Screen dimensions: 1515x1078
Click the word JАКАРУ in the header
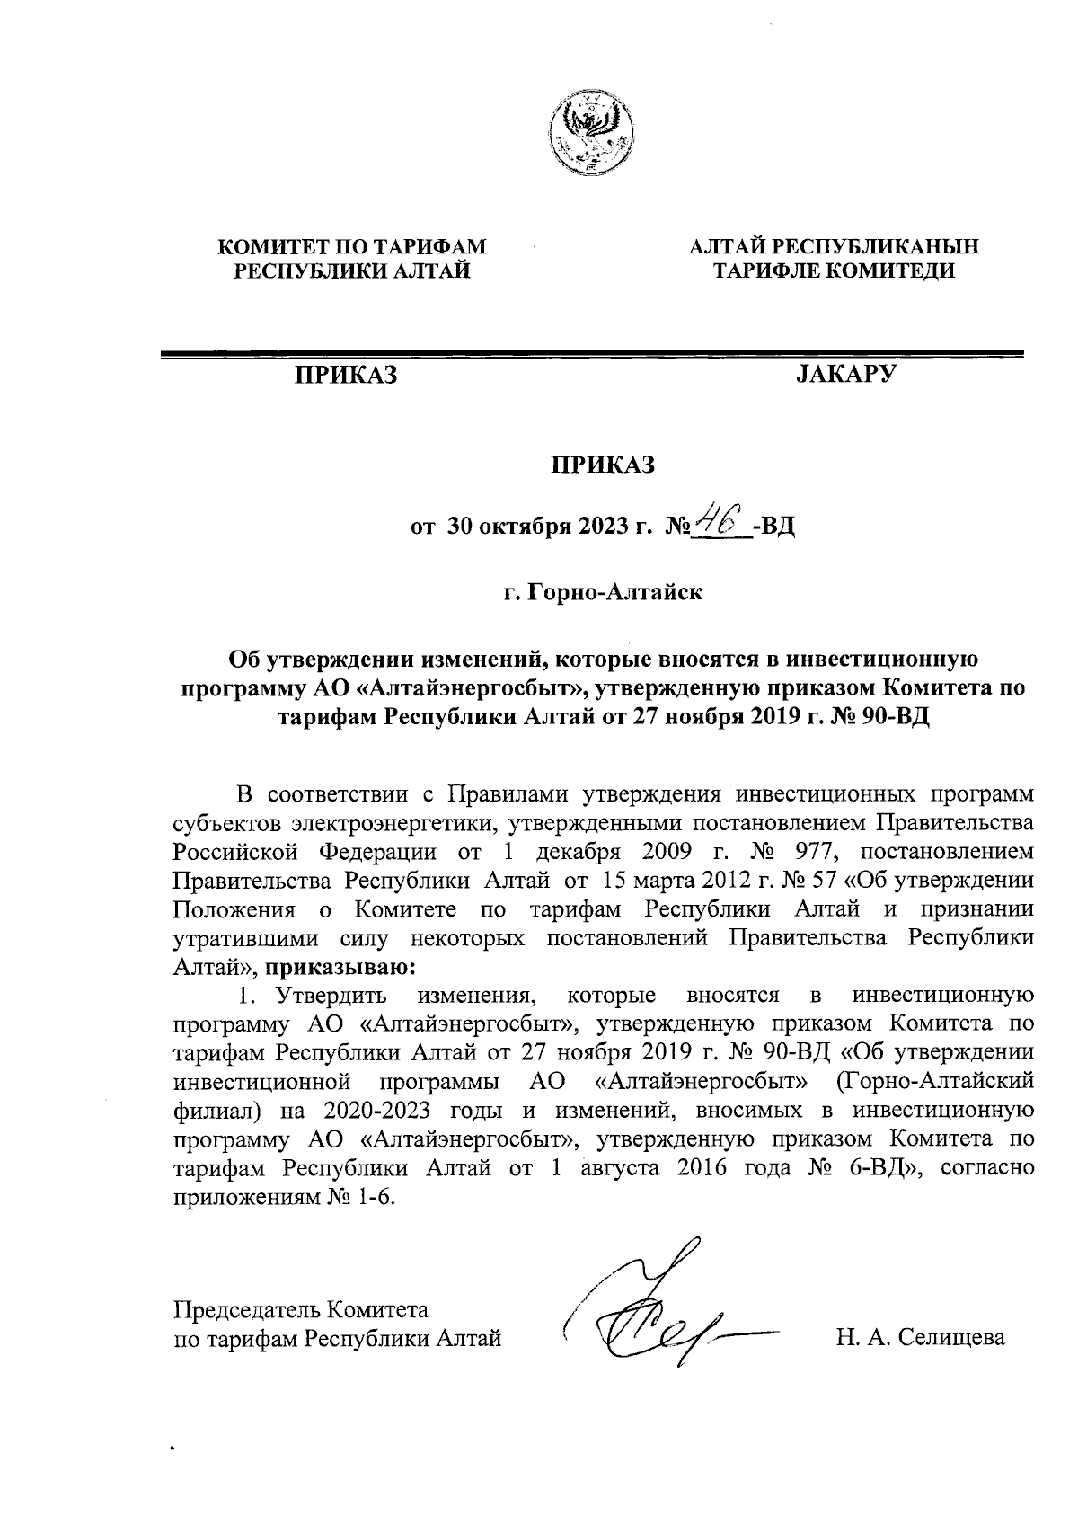click(x=845, y=374)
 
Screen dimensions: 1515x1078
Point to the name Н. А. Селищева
click(x=920, y=1338)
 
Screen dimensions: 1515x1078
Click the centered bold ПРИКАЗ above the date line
click(x=603, y=465)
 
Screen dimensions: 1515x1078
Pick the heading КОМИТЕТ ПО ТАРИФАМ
click(x=353, y=245)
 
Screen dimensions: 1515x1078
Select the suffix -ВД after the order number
click(x=775, y=525)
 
